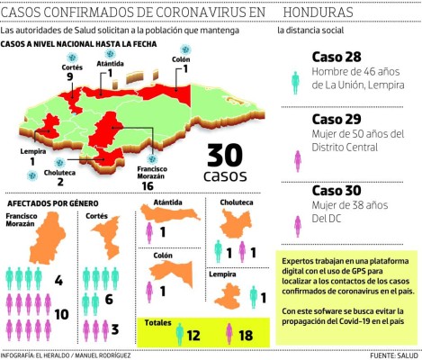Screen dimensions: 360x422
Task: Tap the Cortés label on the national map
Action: tap(48, 67)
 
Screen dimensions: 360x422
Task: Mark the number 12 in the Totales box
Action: tap(193, 335)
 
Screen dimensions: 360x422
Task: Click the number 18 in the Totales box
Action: tap(245, 335)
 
